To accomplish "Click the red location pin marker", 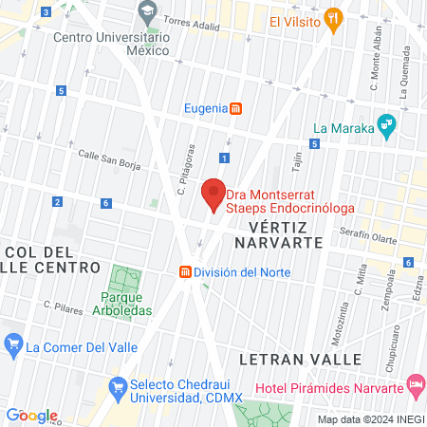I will (214, 194).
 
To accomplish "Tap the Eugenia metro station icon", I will (236, 108).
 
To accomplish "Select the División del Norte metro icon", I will (184, 272).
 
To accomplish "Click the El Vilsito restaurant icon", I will (332, 18).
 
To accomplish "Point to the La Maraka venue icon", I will (386, 123).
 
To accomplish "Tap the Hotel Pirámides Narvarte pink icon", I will (415, 384).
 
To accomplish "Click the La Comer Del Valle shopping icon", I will (13, 343).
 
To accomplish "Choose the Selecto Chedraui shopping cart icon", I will (118, 386).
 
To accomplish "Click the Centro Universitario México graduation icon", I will (147, 13).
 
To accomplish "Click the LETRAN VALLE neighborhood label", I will (301, 360).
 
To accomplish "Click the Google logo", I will (32, 415).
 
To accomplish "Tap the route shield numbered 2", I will (58, 201).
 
